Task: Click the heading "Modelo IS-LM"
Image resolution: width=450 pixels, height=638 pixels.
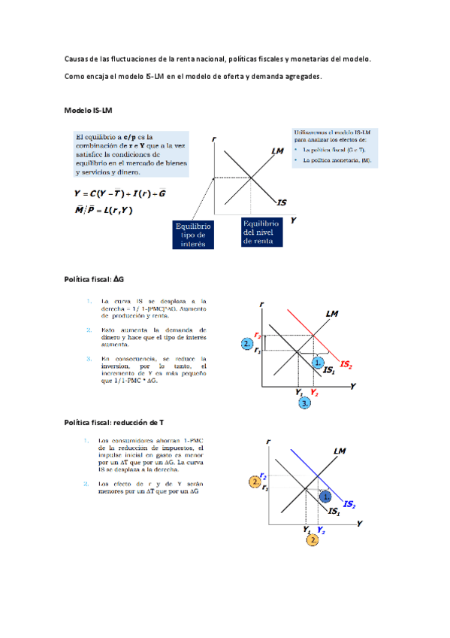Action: pos(89,111)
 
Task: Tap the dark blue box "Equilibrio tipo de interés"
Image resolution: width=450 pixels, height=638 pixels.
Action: pos(193,234)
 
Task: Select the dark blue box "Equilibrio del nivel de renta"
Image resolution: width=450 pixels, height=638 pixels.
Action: pos(261,232)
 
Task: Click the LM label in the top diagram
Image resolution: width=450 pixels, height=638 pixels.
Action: pos(277,151)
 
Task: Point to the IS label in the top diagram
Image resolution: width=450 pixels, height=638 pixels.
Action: pos(282,202)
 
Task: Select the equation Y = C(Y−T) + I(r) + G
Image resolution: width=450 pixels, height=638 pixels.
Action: pos(120,193)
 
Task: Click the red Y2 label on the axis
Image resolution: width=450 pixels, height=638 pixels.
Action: pos(314,393)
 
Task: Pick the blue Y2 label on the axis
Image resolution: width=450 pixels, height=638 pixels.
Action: pos(321,530)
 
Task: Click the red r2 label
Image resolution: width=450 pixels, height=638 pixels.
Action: pos(258,336)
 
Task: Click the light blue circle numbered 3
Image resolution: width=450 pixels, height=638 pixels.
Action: pos(305,404)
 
